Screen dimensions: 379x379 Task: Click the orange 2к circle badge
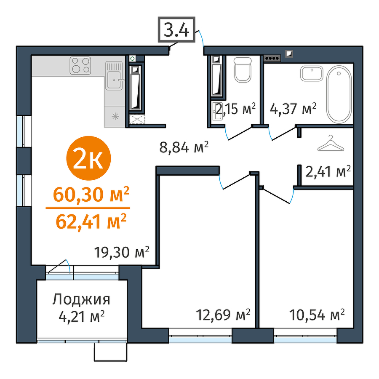tap(88, 158)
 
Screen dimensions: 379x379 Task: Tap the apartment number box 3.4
tap(176, 30)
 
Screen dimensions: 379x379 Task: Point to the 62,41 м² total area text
tap(91, 222)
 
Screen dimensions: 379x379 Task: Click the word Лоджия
tap(81, 300)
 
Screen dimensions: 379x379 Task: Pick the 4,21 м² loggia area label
tap(82, 316)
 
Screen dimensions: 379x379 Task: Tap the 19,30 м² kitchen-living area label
tap(122, 252)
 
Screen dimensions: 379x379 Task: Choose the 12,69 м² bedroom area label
tap(223, 315)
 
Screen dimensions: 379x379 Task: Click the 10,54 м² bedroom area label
tap(317, 315)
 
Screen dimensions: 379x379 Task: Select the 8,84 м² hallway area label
tap(184, 147)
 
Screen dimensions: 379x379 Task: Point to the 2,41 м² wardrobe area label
tap(328, 171)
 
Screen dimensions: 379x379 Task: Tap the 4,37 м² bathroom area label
tap(293, 109)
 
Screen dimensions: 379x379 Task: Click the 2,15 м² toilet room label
tap(236, 109)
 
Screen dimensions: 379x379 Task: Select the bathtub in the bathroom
tap(339, 94)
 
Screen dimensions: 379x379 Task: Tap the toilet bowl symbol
tap(243, 69)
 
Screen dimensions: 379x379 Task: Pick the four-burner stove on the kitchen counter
tap(80, 66)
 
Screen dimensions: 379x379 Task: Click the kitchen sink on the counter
tap(114, 75)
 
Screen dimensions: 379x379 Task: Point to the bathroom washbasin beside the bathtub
tap(312, 73)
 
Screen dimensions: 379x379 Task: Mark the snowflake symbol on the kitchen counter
tap(115, 116)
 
